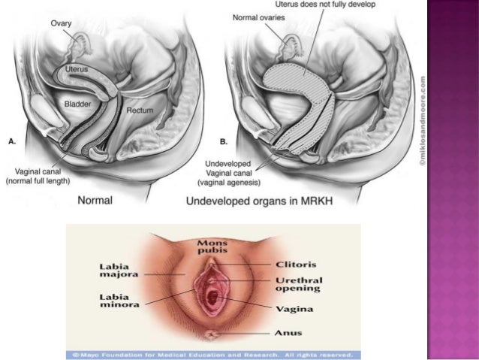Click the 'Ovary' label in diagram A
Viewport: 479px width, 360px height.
(61, 23)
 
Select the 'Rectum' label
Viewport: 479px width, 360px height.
(140, 110)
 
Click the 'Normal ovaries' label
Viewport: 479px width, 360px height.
(258, 17)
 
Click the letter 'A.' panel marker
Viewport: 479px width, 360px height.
(12, 140)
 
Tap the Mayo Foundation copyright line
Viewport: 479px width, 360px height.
(213, 353)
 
